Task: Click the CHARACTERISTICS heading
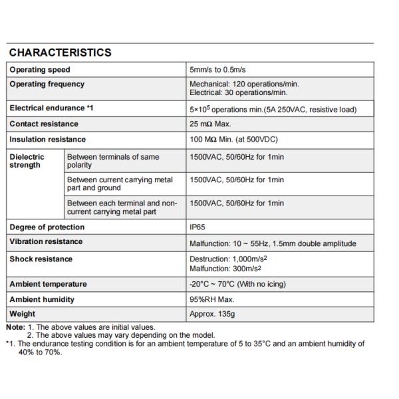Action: pos(60,53)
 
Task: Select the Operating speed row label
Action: pos(39,70)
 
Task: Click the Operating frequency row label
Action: pos(47,84)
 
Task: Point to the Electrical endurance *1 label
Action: pos(49,108)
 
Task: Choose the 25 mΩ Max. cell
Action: pos(211,124)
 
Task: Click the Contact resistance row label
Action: pos(43,124)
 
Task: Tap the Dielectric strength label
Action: pos(27,161)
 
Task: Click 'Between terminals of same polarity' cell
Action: pos(112,161)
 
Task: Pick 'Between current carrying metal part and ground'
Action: pos(120,184)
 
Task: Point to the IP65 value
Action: pos(198,227)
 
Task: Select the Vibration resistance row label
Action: pos(46,242)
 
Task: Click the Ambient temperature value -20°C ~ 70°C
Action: pos(237,285)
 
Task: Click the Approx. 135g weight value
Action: pos(212,314)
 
